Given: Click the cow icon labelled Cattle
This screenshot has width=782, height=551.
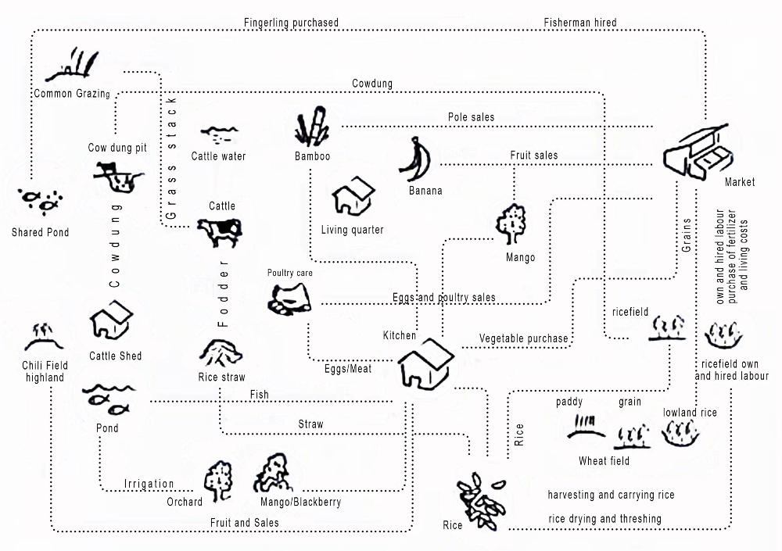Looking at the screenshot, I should click(220, 231).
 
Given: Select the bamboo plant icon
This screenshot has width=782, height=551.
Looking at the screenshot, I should click(313, 127).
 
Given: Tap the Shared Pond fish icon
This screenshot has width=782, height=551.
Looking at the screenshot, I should click(40, 202).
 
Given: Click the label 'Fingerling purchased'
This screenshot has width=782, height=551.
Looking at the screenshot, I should click(291, 23).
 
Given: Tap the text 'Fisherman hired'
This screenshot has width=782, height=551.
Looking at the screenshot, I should click(580, 23).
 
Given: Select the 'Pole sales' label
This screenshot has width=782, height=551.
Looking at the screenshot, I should click(471, 117).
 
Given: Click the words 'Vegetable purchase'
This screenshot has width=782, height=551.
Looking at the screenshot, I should click(523, 338).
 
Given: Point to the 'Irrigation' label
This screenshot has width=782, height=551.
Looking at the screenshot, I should click(149, 485).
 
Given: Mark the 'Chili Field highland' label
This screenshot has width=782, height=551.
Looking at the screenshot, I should click(45, 371).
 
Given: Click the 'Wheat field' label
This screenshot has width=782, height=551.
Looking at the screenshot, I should click(604, 461).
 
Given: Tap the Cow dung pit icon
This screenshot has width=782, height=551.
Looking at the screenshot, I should click(113, 176).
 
